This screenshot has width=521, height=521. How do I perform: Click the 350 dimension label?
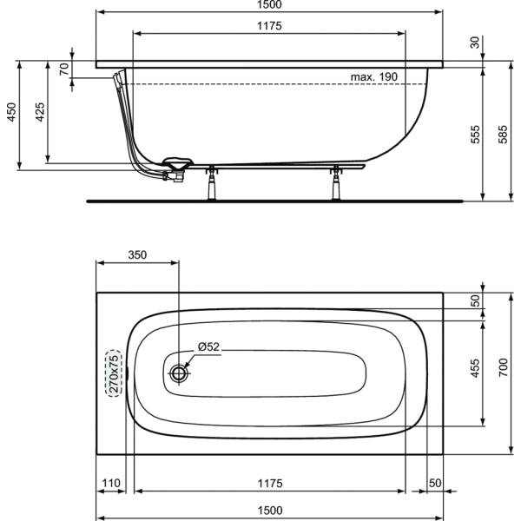pos(137,254)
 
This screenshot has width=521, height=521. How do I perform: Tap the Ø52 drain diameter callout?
pos(208,346)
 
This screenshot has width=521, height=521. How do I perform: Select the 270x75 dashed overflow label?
pos(114,373)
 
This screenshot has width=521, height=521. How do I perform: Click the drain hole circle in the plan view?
pos(179,373)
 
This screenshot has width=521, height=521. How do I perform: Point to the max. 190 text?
pos(374,76)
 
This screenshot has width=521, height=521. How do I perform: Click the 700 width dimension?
pos(504,367)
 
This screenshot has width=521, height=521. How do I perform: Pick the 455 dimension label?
pos(476,368)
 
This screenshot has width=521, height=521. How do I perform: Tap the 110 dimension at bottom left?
pos(110,483)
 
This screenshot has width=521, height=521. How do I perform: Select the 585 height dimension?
pos(504,135)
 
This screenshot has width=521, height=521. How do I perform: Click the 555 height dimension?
pos(476,135)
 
